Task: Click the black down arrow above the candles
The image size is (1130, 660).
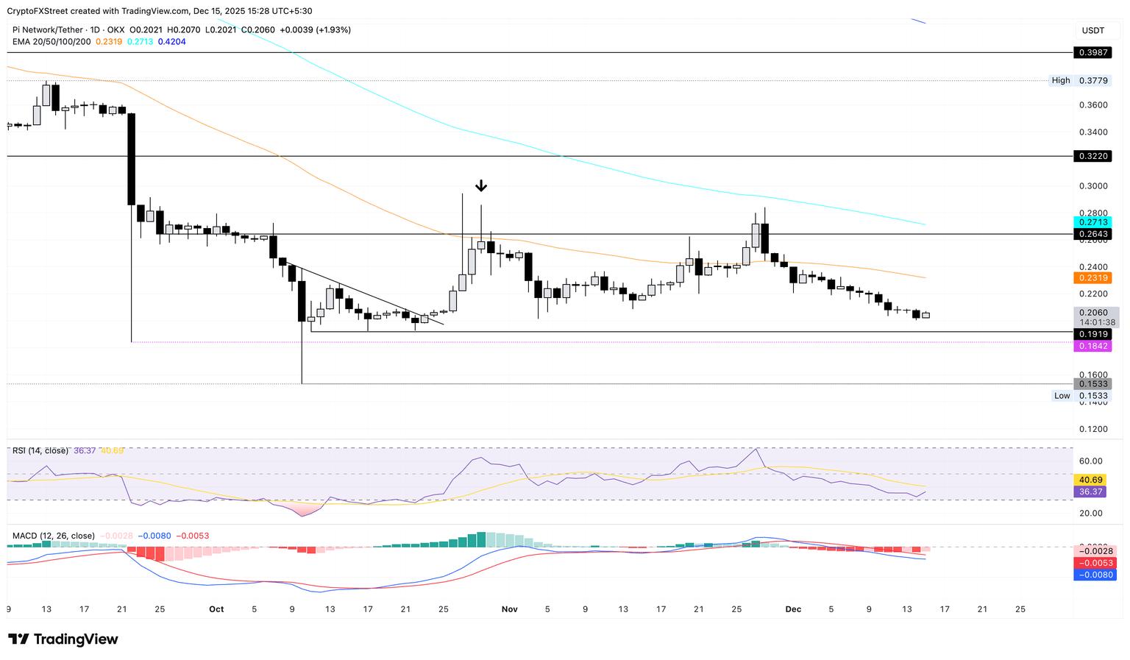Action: [x=481, y=185]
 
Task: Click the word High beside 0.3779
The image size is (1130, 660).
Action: [x=1061, y=80]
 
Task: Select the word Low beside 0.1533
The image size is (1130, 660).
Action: [x=1062, y=396]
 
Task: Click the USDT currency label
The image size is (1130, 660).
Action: [x=1093, y=30]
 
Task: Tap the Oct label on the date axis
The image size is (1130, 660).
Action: [x=216, y=609]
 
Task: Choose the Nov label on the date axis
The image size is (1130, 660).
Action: [x=509, y=609]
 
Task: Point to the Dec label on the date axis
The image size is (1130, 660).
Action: [x=793, y=609]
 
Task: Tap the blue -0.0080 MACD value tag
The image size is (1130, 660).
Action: [x=1095, y=575]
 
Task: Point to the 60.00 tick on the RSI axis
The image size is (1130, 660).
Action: [x=1090, y=461]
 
